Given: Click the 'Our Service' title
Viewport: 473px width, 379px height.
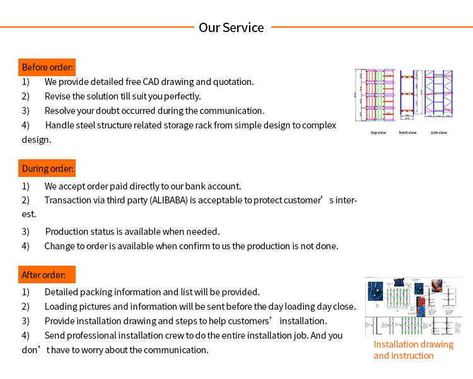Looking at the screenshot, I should (231, 28).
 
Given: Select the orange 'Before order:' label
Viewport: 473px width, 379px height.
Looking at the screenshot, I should (47, 67).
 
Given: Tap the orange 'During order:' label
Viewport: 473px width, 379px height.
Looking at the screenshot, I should (48, 168).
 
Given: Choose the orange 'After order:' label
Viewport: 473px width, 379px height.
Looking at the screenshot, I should (47, 274).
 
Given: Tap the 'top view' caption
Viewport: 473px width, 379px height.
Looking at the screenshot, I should (378, 133).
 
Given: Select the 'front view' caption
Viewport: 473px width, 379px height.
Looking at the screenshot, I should (407, 133).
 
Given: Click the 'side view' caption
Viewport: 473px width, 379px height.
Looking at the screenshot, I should (439, 133).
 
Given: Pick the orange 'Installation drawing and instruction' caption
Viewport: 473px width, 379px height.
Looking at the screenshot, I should (413, 350).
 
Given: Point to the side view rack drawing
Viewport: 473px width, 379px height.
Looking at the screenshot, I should (439, 94).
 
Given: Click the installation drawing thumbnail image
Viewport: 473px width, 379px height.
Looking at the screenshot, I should (413, 307).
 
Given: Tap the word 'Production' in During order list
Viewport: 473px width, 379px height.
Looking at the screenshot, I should (67, 232).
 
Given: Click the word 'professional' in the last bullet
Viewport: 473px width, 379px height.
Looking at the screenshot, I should (92, 336).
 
